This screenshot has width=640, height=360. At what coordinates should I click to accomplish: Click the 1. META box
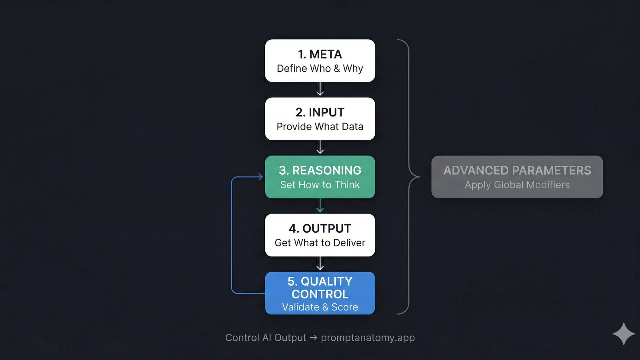coord(320,61)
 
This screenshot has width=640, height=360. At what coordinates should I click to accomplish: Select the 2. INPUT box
coord(320,119)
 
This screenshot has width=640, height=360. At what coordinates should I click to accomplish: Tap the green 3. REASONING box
coord(320,177)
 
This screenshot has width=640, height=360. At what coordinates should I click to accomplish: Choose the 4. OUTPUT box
coord(320,235)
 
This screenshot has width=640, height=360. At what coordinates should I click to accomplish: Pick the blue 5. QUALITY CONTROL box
coord(320,293)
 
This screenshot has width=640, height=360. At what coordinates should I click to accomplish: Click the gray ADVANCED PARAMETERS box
coord(517,177)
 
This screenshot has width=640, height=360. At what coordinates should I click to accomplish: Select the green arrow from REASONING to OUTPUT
coord(320,206)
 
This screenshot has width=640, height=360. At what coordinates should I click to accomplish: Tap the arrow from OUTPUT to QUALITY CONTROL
coord(320,264)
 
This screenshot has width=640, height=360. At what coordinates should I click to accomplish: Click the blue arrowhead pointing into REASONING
coord(260,177)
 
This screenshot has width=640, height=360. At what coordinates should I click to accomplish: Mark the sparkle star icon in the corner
coord(624,334)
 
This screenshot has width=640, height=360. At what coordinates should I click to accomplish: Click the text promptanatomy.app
coord(368,338)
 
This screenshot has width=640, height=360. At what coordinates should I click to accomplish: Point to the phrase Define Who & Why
coord(320,68)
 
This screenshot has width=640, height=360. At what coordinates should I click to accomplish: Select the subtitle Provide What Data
coord(320,126)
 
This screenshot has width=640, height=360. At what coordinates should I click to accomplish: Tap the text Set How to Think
coord(320,185)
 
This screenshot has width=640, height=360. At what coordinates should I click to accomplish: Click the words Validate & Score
coord(320,307)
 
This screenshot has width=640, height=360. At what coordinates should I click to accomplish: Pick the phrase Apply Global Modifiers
coord(517,185)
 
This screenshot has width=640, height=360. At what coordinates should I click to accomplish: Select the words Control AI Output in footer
coord(265,338)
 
